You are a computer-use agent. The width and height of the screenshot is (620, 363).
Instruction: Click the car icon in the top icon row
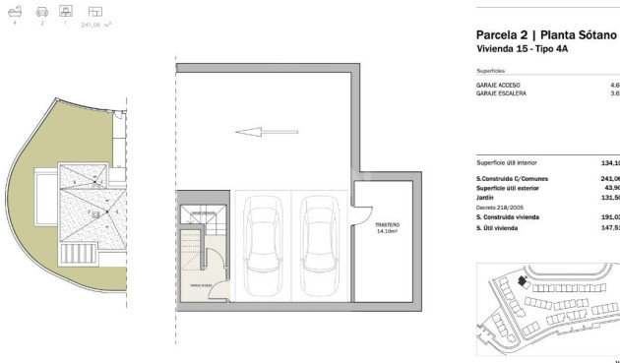point(41,11)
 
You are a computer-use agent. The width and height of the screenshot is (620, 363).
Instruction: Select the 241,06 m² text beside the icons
point(94,24)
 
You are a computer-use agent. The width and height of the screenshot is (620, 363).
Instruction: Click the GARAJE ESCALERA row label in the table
point(501,93)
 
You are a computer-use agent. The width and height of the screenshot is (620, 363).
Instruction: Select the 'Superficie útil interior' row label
point(513,162)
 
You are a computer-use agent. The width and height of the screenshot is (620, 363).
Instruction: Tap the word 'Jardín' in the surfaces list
point(486,197)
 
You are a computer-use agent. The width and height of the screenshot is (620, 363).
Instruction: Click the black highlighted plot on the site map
point(522,280)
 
